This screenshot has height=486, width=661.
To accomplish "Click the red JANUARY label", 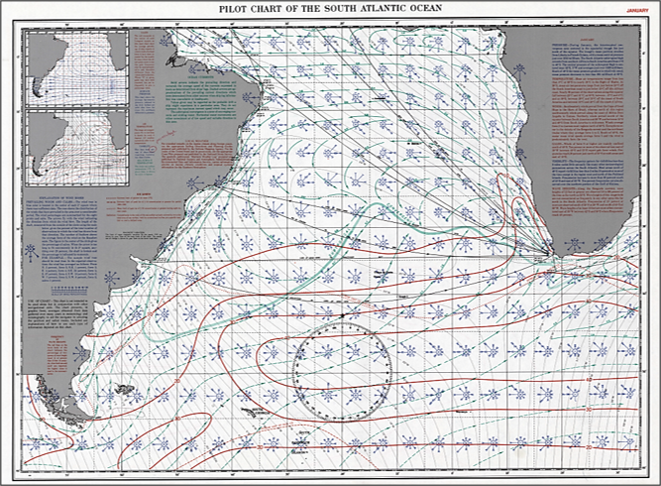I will tap(638, 10).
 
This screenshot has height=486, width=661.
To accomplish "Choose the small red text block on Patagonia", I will tap(61, 348).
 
